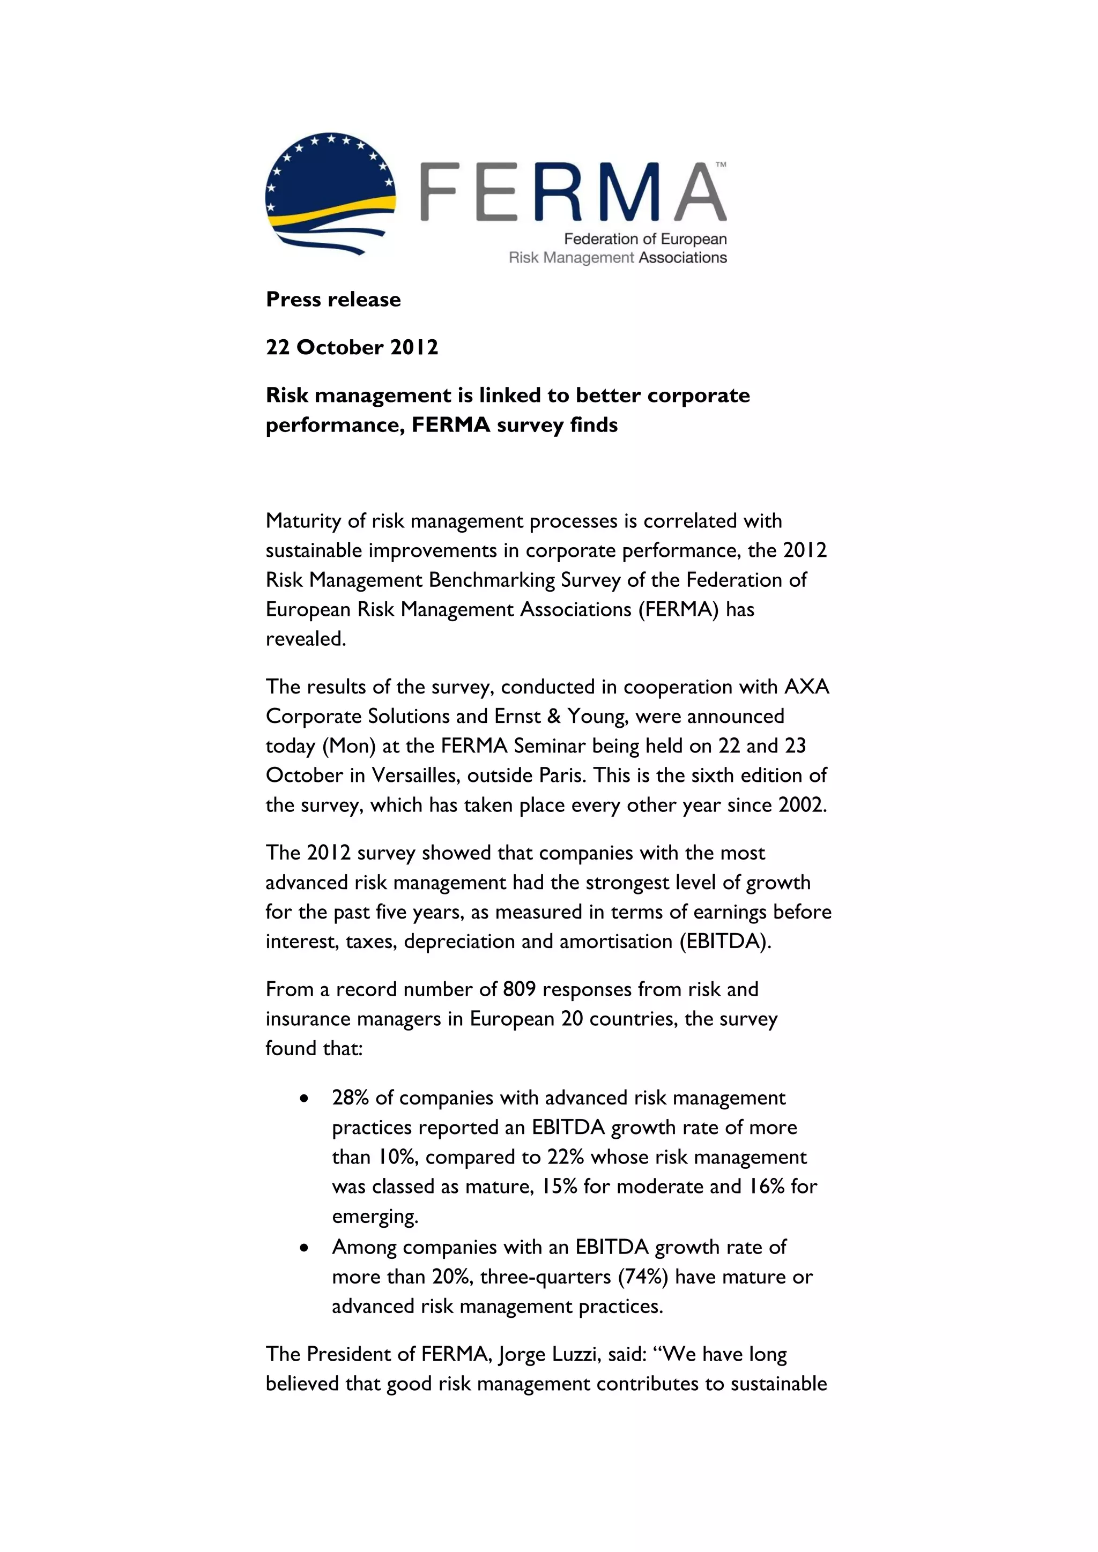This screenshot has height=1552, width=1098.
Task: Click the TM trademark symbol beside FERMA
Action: coord(721,165)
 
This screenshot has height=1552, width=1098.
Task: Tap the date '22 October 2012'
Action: coord(352,347)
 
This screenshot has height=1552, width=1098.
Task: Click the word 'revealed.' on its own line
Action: coord(306,639)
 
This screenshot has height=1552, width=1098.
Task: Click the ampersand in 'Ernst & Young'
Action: coord(554,717)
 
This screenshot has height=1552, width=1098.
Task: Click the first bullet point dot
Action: coord(305,1099)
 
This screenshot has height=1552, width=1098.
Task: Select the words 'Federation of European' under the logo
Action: coord(645,240)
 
